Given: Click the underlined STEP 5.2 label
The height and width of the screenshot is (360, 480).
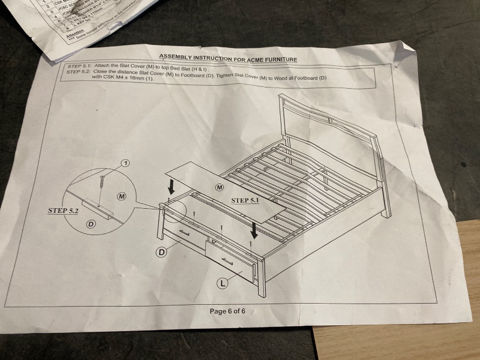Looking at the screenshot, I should tap(64, 211).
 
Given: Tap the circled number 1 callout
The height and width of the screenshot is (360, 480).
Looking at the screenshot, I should tap(125, 163).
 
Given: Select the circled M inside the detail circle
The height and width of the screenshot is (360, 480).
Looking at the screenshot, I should tap(121, 196).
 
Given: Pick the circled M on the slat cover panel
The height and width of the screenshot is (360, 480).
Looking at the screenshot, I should tap(218, 188).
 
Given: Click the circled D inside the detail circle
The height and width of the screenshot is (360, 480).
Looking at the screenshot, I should tap(92, 224).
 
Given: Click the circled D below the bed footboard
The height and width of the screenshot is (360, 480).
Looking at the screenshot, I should tap(161, 252).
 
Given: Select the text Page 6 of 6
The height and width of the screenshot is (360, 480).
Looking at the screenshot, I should tap(232, 311).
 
